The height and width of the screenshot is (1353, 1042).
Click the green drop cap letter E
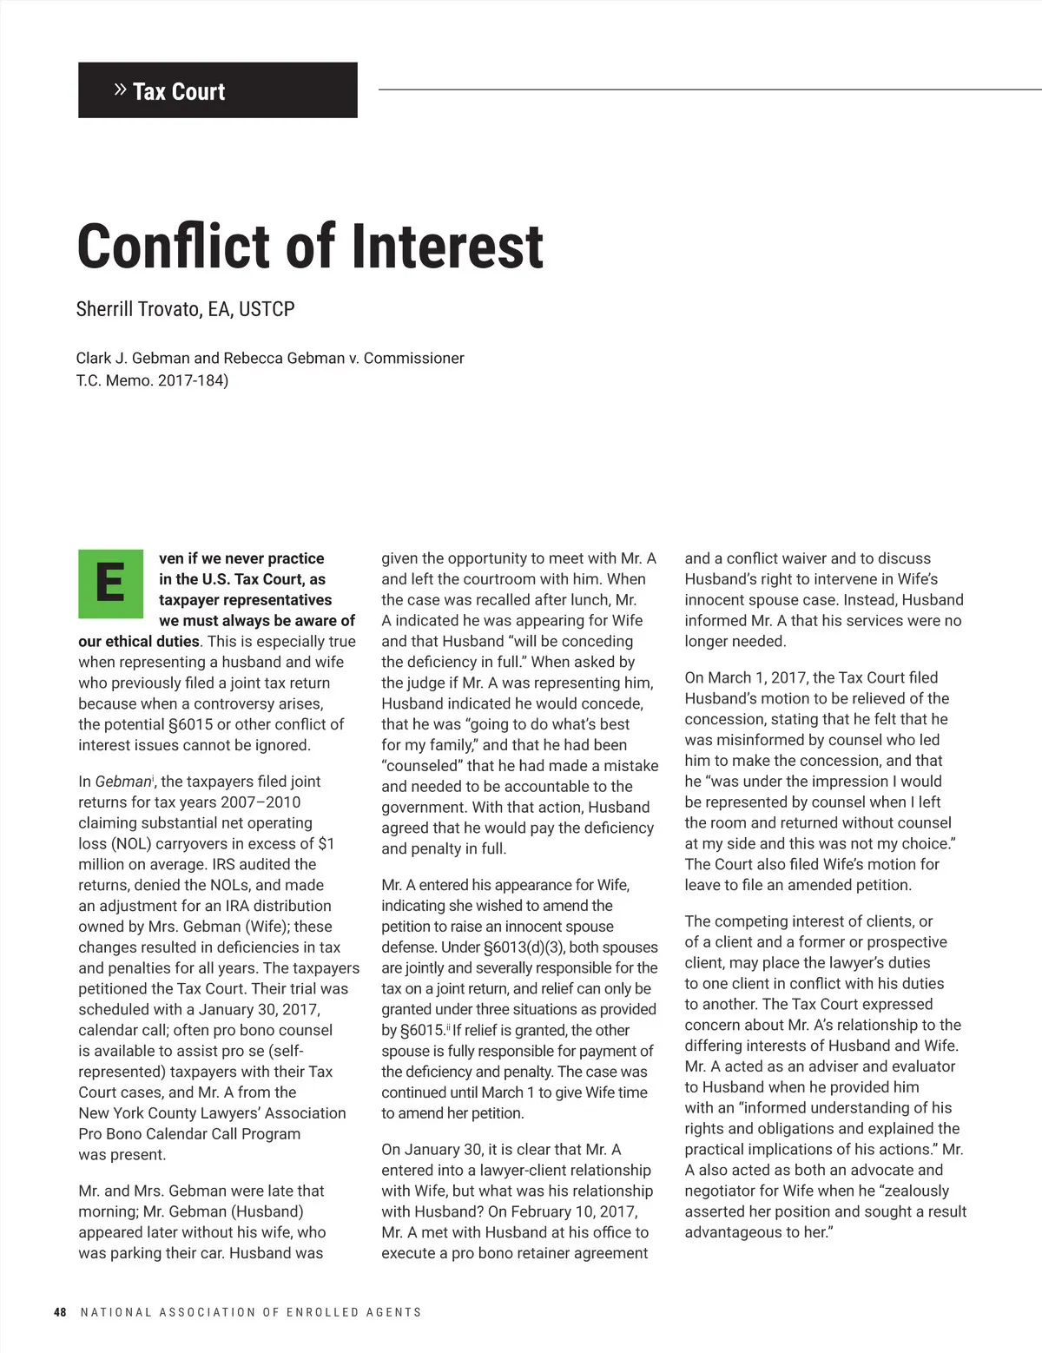point(110,583)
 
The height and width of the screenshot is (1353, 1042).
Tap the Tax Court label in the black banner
point(179,92)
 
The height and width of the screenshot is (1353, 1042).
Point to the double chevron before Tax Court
point(121,89)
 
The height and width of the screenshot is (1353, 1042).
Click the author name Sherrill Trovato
point(139,309)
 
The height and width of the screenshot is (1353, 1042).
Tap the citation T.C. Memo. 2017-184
point(152,380)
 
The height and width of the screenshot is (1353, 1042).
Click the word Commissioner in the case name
point(413,358)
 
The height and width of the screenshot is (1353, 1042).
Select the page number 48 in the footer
point(60,1312)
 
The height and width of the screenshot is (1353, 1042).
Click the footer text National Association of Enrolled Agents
point(250,1312)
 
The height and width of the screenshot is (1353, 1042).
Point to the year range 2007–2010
point(260,802)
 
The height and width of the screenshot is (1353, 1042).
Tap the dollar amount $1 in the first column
point(326,843)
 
